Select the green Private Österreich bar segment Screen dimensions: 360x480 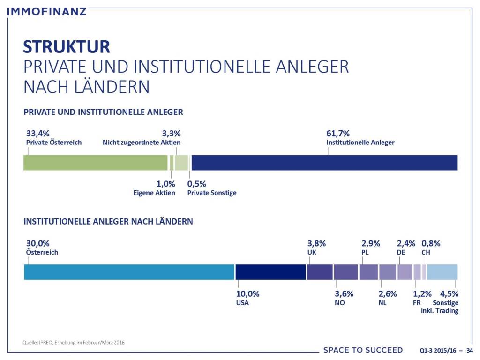pyautogui.click(x=96, y=163)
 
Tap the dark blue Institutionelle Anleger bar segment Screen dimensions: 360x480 pyautogui.click(x=324, y=163)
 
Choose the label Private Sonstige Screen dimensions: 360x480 pyautogui.click(x=212, y=193)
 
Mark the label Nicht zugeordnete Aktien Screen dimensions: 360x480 pyautogui.click(x=142, y=142)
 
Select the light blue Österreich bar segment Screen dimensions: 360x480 pyautogui.click(x=129, y=272)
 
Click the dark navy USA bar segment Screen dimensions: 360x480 pyautogui.click(x=270, y=272)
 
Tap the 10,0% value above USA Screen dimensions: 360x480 pyautogui.click(x=248, y=294)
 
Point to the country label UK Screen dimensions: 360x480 pyautogui.click(x=312, y=252)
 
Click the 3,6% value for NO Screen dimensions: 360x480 pyautogui.click(x=344, y=294)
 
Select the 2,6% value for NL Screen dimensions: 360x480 pyautogui.click(x=387, y=294)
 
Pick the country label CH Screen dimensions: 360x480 pyautogui.click(x=426, y=252)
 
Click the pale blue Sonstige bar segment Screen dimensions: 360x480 pyautogui.click(x=442, y=272)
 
